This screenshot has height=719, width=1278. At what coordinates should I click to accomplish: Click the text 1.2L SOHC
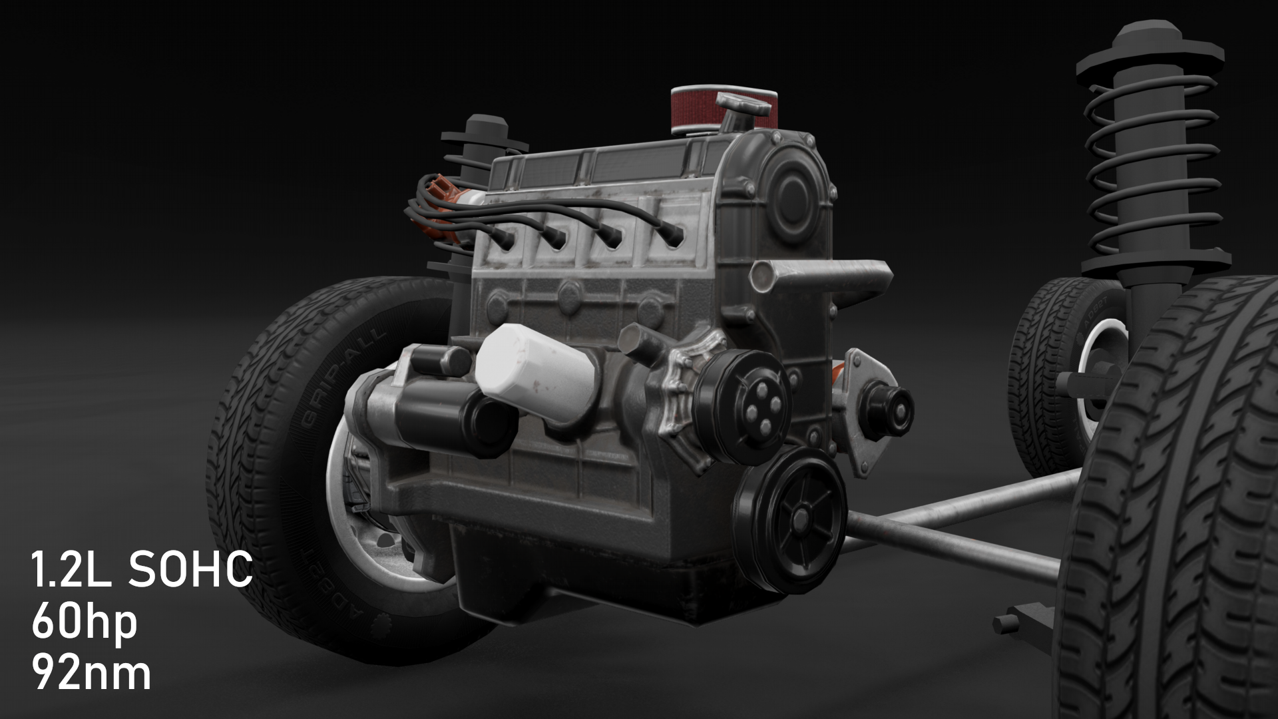click(141, 569)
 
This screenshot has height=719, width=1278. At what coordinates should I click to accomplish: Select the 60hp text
click(84, 622)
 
